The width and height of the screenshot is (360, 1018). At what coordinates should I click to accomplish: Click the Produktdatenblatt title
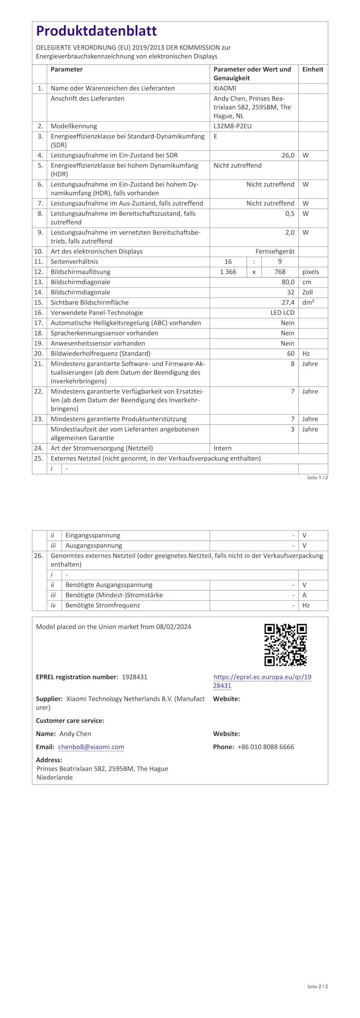[x=96, y=31]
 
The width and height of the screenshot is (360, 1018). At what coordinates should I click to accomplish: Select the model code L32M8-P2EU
[x=232, y=126]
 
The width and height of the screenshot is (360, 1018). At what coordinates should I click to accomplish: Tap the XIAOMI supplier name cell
[x=225, y=88]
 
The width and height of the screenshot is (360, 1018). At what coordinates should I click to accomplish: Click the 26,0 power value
[x=288, y=155]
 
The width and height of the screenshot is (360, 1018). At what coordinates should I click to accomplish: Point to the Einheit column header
[x=313, y=69]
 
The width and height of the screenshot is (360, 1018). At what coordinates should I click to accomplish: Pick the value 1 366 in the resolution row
[x=228, y=272]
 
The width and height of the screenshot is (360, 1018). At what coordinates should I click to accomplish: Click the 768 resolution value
[x=280, y=272]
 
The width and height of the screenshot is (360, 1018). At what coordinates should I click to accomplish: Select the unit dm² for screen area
[x=308, y=303]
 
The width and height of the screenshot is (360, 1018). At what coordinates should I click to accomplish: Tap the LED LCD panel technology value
[x=282, y=313]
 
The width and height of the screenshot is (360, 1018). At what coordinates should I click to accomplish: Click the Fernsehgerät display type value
[x=275, y=251]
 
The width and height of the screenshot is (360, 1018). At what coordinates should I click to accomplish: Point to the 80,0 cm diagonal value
[x=288, y=282]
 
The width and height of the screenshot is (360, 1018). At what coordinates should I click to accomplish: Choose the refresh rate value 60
[x=290, y=354]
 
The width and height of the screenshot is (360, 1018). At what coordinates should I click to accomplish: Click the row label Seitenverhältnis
[x=74, y=262]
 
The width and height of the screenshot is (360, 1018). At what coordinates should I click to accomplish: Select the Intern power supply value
[x=222, y=448]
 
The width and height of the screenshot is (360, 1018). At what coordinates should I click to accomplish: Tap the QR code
[x=285, y=645]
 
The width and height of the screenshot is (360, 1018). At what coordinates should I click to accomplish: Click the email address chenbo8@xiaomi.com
[x=91, y=747]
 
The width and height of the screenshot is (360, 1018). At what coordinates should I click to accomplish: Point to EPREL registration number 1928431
[x=134, y=677]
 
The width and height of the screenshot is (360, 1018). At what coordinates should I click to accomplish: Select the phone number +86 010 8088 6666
[x=266, y=747]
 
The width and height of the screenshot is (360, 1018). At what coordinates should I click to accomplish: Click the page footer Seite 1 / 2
[x=317, y=478]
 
